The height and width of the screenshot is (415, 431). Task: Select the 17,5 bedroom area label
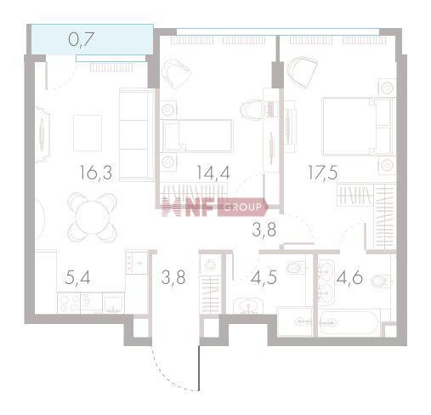coord(323,171)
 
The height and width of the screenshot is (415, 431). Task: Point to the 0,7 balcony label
coord(81,37)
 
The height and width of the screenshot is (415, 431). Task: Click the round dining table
coord(93,216)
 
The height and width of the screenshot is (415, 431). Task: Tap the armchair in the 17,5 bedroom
coord(302,71)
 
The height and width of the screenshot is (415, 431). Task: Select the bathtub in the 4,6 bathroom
coord(348,323)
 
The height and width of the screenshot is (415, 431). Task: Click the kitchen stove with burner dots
coord(135,263)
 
